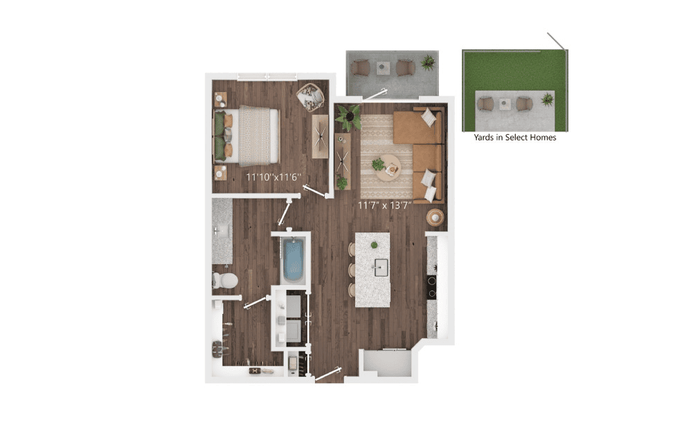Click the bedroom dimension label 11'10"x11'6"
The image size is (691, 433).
click(x=273, y=177)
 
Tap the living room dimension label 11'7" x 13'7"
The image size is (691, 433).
click(x=385, y=205)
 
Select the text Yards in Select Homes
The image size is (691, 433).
click(x=514, y=137)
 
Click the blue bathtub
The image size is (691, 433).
click(x=293, y=260)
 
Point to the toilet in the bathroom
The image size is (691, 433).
click(x=225, y=280)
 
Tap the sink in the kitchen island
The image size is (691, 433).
click(x=382, y=268)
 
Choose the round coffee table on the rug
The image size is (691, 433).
click(x=388, y=167)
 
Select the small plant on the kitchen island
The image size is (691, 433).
click(x=374, y=245)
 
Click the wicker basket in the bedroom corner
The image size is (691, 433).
click(x=310, y=98)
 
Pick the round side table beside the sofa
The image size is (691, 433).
click(x=435, y=217)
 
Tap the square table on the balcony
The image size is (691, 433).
click(x=383, y=68)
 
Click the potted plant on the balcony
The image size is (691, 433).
click(x=427, y=62)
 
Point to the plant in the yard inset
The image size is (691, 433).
click(x=548, y=99)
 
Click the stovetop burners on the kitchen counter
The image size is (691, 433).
click(x=432, y=287)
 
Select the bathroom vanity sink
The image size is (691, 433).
click(x=222, y=230)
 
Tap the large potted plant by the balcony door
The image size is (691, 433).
click(x=348, y=118)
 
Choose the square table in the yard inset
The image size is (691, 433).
click(x=505, y=104)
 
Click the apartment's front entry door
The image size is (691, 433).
click(x=328, y=374)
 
